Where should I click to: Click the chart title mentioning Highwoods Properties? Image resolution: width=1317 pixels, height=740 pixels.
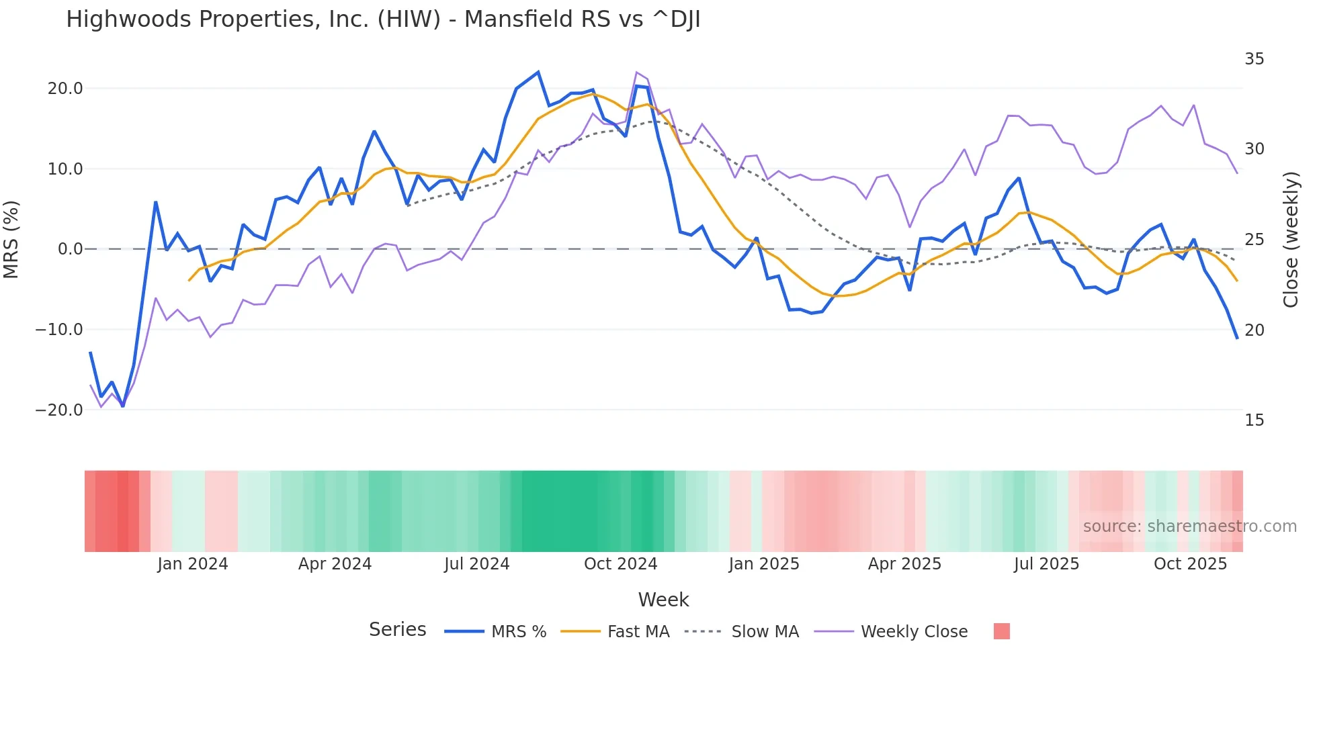pyautogui.click(x=383, y=19)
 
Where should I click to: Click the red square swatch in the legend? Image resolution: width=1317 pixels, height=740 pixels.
pyautogui.click(x=1001, y=631)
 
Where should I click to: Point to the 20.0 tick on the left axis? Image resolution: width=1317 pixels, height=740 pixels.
pyautogui.click(x=65, y=89)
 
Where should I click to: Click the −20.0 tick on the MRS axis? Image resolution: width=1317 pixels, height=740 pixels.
pyautogui.click(x=59, y=410)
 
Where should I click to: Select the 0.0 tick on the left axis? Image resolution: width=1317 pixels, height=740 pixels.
pyautogui.click(x=70, y=249)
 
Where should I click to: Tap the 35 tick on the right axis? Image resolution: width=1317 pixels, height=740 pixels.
pyautogui.click(x=1254, y=59)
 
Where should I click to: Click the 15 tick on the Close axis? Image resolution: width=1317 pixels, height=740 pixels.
pyautogui.click(x=1254, y=420)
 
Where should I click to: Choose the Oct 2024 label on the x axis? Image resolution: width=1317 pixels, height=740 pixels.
pyautogui.click(x=620, y=564)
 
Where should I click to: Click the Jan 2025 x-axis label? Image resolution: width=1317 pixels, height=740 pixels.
pyautogui.click(x=764, y=564)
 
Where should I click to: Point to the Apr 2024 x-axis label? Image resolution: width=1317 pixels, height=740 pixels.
pyautogui.click(x=335, y=564)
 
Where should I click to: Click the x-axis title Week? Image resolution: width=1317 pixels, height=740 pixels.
pyautogui.click(x=663, y=600)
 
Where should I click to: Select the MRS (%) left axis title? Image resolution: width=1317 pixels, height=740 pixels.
pyautogui.click(x=11, y=239)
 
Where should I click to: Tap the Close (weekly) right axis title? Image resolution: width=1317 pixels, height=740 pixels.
pyautogui.click(x=1290, y=240)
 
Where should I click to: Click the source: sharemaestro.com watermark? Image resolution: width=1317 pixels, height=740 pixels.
pyautogui.click(x=1189, y=526)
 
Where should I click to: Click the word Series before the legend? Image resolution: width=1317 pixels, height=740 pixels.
pyautogui.click(x=397, y=630)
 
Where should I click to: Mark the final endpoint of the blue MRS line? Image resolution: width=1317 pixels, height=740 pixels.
pyautogui.click(x=1237, y=338)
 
